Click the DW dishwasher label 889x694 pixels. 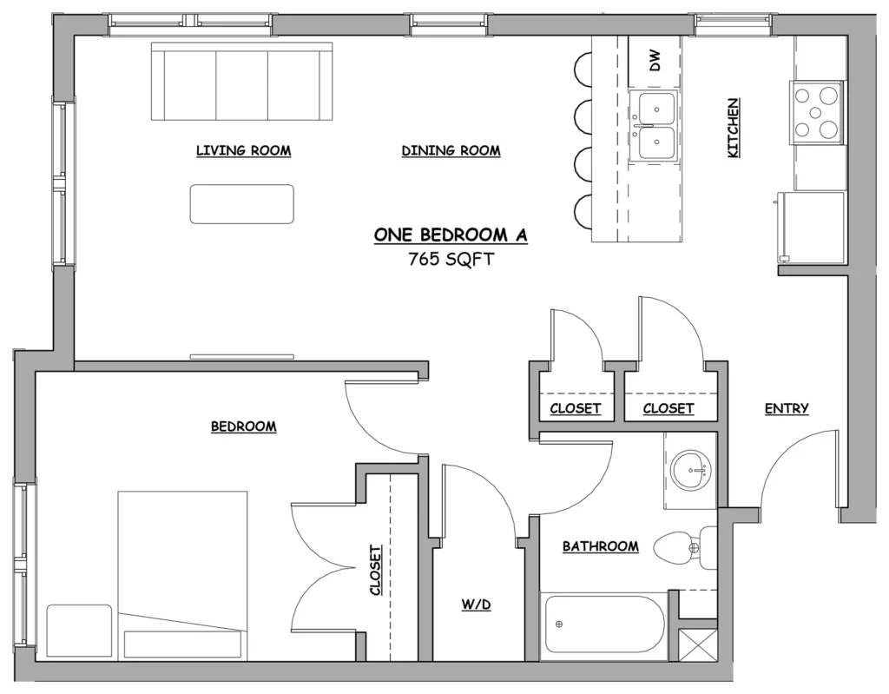click(x=655, y=60)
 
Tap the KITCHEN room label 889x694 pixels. click(x=733, y=129)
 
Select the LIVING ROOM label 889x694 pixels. click(x=244, y=151)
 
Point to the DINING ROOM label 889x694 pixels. click(x=451, y=151)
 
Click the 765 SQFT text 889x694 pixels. click(x=451, y=260)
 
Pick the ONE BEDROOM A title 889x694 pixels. click(x=451, y=235)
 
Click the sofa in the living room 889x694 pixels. click(x=242, y=81)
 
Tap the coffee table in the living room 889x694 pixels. click(x=242, y=204)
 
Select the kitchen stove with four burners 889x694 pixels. click(x=817, y=113)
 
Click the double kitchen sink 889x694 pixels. click(x=656, y=125)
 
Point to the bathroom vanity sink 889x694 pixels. click(x=690, y=470)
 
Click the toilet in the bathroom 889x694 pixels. click(x=686, y=548)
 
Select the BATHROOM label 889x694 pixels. click(x=601, y=546)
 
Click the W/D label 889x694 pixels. click(x=477, y=605)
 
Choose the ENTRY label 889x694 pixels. click(x=787, y=408)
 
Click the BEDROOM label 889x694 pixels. click(x=244, y=426)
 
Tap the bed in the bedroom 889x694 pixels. click(x=182, y=576)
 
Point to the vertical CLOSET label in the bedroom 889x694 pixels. click(x=375, y=571)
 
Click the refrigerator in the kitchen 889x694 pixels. click(x=812, y=228)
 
